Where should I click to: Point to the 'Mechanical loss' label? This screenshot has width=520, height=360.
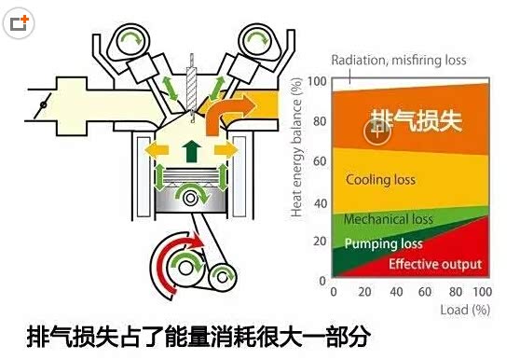click(x=389, y=220)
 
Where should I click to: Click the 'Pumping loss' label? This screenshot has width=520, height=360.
click(x=383, y=244)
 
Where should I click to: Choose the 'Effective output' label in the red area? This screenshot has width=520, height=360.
click(x=434, y=264)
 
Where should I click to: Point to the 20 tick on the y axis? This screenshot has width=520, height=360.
click(x=322, y=242)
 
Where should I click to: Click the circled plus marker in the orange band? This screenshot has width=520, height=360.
click(x=376, y=133)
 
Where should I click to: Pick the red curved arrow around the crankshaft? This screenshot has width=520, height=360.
click(x=169, y=263)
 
